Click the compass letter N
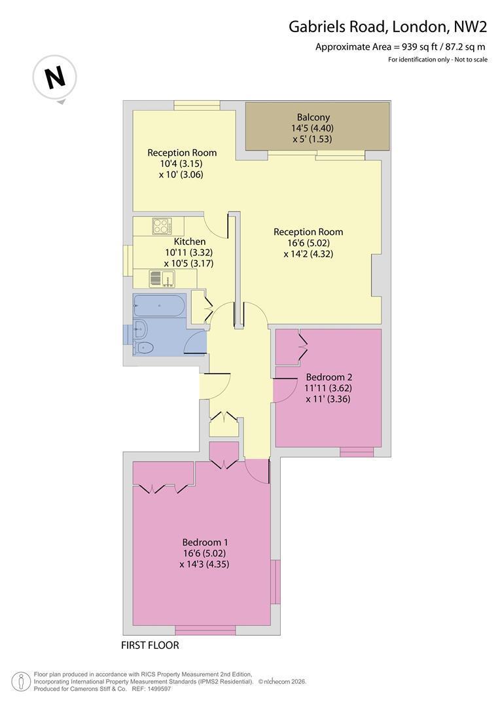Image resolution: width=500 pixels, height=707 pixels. click(x=56, y=77)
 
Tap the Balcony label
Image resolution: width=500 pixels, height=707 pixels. click(x=313, y=117)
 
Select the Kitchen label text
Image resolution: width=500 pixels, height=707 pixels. click(x=189, y=242)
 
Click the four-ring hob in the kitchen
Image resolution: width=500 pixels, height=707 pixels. click(x=161, y=226)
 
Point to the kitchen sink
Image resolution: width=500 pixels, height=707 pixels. click(x=162, y=278)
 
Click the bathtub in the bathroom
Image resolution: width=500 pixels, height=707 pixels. click(x=160, y=305)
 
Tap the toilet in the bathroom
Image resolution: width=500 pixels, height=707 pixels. click(x=143, y=348)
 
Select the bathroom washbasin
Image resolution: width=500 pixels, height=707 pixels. click(x=139, y=329)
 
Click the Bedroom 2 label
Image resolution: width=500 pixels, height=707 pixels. click(x=329, y=377)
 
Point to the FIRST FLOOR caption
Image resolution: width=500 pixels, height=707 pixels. click(x=150, y=645)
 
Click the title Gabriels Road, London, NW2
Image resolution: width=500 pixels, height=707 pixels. click(x=387, y=27)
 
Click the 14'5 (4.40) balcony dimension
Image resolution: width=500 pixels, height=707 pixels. click(x=312, y=128)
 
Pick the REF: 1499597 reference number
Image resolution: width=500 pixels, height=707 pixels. click(x=151, y=689)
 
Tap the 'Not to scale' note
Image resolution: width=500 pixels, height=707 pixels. click(x=471, y=60)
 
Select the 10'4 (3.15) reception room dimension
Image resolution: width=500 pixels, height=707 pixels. click(x=182, y=163)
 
